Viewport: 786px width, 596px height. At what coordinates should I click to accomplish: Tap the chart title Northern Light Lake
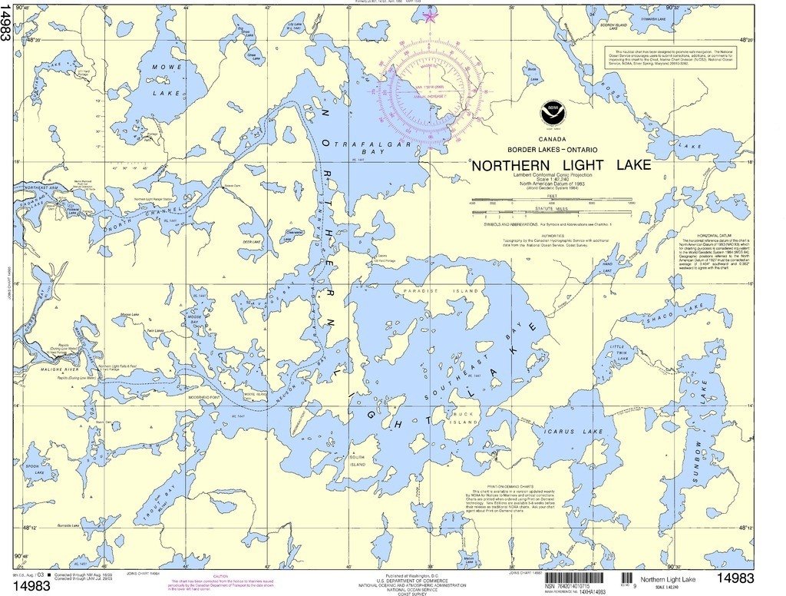[560, 165]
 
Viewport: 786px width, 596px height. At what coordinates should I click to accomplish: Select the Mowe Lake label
[167, 81]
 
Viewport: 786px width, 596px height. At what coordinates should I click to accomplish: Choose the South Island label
[358, 462]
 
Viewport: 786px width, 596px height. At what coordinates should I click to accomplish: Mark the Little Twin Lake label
[618, 353]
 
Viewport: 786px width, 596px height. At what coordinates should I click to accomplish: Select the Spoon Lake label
[31, 469]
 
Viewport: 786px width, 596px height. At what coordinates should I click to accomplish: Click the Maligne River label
[54, 370]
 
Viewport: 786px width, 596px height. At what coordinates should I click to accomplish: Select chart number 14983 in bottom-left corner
[31, 586]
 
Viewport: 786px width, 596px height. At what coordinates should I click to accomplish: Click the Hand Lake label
[606, 267]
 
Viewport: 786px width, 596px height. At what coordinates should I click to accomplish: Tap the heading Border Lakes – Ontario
[552, 148]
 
